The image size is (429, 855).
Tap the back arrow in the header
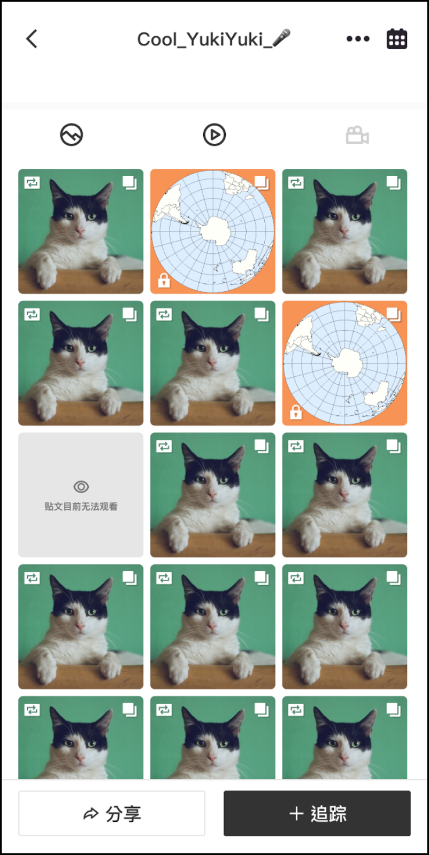(x=32, y=39)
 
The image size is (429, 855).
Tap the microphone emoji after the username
(x=281, y=38)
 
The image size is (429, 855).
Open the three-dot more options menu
(x=358, y=38)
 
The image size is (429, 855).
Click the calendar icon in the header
(x=397, y=38)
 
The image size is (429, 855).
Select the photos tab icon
(x=72, y=135)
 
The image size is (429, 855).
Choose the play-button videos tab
(x=215, y=135)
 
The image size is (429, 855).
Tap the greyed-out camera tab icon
(x=357, y=135)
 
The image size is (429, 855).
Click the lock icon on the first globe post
(x=164, y=280)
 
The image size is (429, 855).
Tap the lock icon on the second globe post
(x=296, y=412)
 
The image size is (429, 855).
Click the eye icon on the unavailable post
(x=81, y=487)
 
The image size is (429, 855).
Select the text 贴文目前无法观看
(x=81, y=507)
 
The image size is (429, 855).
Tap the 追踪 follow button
(x=317, y=813)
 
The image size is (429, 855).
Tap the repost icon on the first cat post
(x=32, y=182)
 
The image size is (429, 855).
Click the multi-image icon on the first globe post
(x=262, y=183)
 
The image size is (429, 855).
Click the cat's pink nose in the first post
(x=80, y=230)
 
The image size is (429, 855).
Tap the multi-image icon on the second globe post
(x=394, y=315)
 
